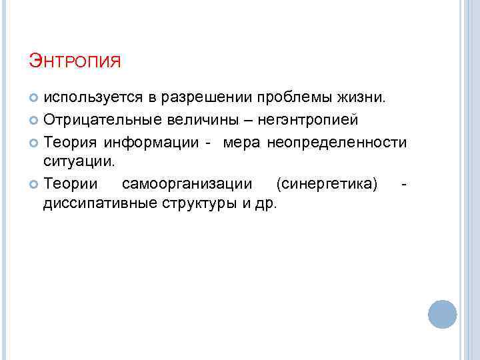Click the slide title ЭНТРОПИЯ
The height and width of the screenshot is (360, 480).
(x=75, y=63)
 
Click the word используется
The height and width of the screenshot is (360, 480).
(x=93, y=98)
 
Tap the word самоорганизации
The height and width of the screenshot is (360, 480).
(x=187, y=183)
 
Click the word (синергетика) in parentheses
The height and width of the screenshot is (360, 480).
(x=327, y=183)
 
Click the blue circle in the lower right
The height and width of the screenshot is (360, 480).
(x=442, y=314)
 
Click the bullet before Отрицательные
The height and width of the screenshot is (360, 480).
(x=35, y=121)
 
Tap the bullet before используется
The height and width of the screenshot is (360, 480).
(x=35, y=98)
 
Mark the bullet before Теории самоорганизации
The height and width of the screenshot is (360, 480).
(x=35, y=183)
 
